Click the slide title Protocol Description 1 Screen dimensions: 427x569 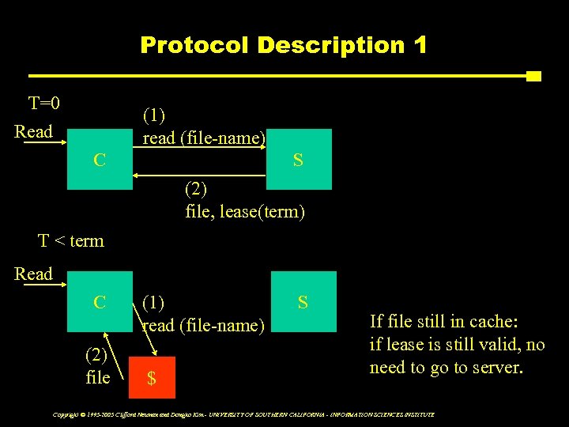283,45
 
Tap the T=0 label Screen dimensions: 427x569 45,104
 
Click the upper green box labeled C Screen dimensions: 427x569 99,160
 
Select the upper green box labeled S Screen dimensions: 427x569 298,160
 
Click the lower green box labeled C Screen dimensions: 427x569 99,301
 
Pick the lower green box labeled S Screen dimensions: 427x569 303,301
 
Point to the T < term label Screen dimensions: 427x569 71,240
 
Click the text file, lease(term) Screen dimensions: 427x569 244,212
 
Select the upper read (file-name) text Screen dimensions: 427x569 204,138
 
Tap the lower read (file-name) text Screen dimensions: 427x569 203,325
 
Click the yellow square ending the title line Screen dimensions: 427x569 533,77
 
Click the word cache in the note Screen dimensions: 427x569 490,321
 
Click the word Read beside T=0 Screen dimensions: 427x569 34,131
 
